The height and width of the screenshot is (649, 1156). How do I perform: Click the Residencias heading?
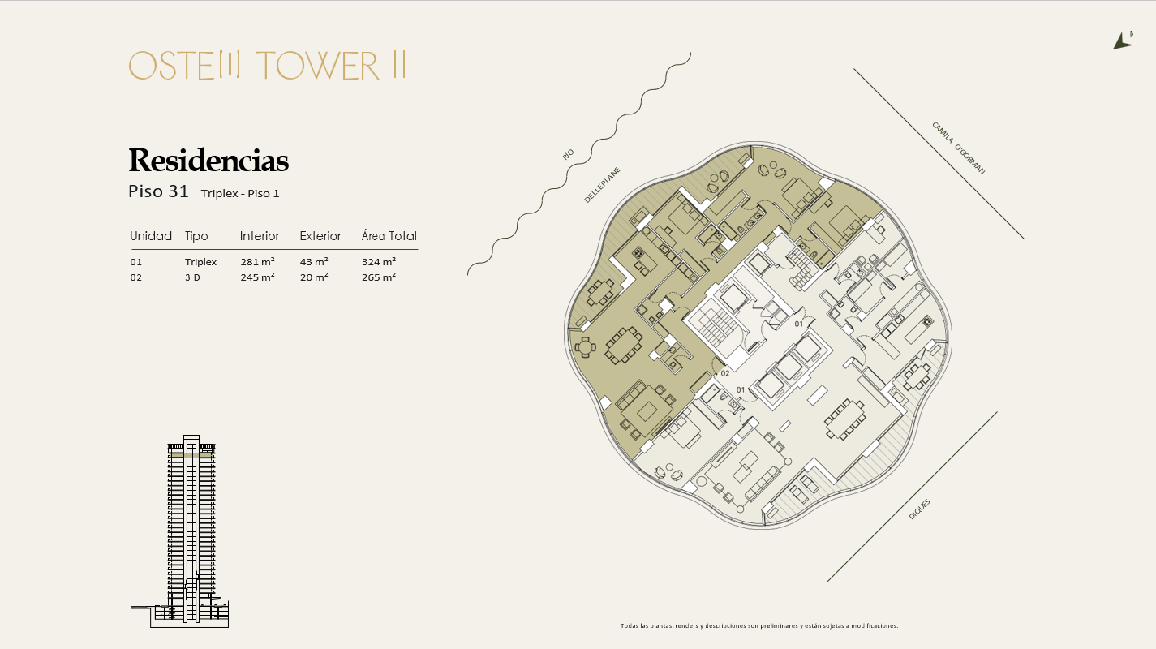[208, 160]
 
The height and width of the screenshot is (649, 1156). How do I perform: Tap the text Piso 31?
[158, 191]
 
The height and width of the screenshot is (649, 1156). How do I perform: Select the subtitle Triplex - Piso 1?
[240, 193]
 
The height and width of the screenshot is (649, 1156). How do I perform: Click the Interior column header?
[260, 236]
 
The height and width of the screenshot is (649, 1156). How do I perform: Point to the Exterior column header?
[320, 236]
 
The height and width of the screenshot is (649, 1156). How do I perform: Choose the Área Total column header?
[389, 235]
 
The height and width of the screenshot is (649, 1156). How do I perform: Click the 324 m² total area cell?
[379, 261]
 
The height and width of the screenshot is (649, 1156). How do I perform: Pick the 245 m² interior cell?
[257, 277]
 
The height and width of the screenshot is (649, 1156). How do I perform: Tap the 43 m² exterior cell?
[314, 261]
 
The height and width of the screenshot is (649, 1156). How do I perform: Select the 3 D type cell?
[192, 277]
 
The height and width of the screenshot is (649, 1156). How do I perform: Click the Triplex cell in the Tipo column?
[200, 262]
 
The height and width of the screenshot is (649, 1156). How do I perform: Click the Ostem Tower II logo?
[268, 66]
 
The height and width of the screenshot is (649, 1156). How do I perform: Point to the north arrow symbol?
[1123, 41]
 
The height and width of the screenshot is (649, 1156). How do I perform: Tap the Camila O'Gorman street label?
[958, 148]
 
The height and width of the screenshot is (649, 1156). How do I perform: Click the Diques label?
[919, 509]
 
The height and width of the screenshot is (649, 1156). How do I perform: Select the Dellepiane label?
[602, 185]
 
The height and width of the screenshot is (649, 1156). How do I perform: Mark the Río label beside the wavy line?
[568, 154]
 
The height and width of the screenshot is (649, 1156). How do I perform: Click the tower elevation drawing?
[189, 531]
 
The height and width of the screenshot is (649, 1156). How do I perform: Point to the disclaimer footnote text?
[759, 625]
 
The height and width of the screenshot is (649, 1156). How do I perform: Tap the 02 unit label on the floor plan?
[725, 373]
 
